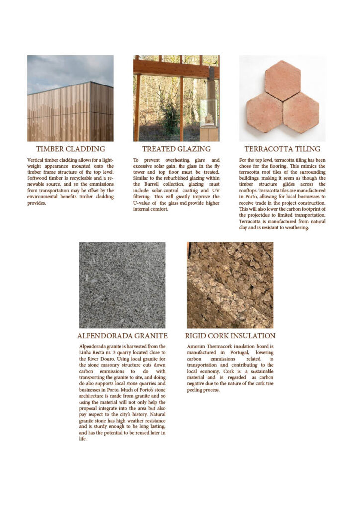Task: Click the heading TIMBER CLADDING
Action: point(70,149)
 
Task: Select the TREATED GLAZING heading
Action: point(176,149)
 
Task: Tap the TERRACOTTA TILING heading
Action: point(282,149)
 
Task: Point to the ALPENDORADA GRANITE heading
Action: point(122,336)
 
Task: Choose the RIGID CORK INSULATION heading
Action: point(230,336)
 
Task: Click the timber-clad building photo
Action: point(71,112)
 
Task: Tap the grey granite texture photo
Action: point(122,285)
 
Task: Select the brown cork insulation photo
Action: point(230,285)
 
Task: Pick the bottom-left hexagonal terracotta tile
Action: point(264,112)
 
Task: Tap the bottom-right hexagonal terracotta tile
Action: point(301,112)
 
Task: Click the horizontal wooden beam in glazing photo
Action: point(176,68)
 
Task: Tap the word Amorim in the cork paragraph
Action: point(197,346)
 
